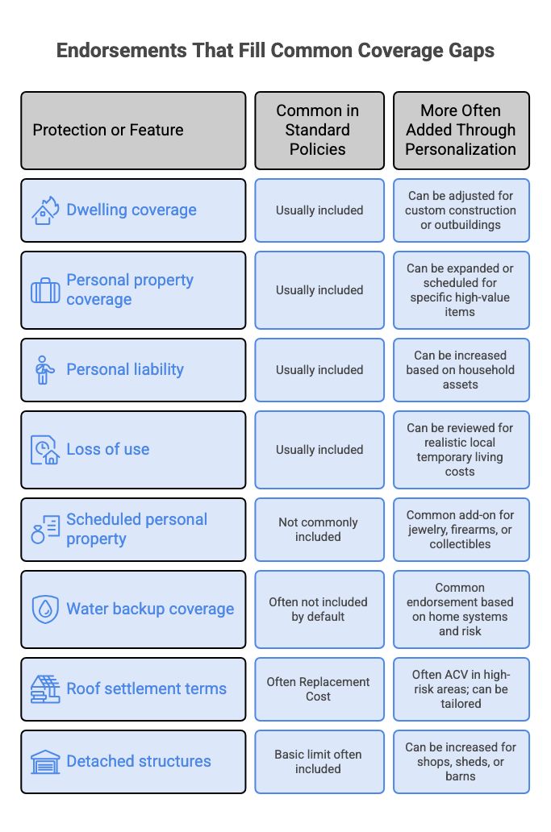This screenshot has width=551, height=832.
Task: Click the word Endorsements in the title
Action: point(122,51)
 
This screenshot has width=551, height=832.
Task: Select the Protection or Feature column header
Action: point(133,131)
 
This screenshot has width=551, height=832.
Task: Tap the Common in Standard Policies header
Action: point(319,131)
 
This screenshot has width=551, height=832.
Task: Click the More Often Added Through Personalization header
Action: point(461,131)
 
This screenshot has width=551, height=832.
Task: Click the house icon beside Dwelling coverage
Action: point(44,210)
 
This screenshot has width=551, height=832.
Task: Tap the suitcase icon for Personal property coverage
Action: point(45,290)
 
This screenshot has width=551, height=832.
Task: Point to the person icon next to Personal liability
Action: point(44,370)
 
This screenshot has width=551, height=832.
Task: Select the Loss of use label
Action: point(108,449)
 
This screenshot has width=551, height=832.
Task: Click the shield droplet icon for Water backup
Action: point(45,609)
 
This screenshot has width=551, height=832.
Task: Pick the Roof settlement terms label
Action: point(147,688)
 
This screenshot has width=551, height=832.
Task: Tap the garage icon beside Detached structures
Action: point(45,762)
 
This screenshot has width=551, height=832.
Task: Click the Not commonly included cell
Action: point(319,530)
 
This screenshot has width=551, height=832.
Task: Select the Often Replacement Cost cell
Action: point(319,689)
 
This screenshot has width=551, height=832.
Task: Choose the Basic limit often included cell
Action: point(319,762)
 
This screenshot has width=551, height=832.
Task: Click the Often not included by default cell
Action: point(319,609)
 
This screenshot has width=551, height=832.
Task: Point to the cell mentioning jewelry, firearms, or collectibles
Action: point(461,530)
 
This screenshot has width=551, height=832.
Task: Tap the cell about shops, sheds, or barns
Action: point(461,762)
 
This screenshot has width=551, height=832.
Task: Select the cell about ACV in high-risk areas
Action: point(461,689)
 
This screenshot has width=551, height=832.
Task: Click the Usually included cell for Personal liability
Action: point(319,370)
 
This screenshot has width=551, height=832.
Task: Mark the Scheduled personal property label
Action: point(137,529)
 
